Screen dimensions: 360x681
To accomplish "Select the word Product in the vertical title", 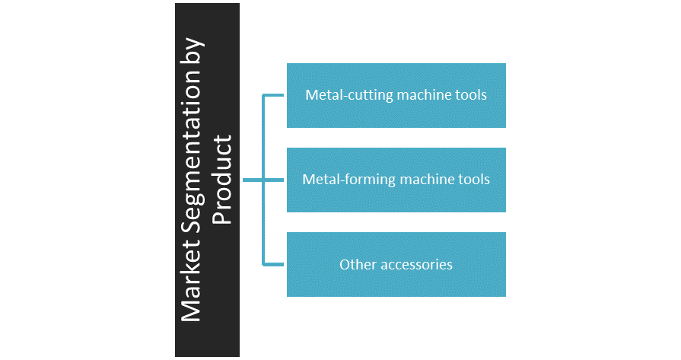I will [221, 180].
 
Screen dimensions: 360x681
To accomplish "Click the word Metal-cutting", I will [342, 96].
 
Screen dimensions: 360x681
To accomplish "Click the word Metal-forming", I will [342, 180].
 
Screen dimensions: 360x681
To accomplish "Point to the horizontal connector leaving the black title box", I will [252, 180].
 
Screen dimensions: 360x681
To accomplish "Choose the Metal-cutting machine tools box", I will [396, 114].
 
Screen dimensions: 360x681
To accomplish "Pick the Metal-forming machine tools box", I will [396, 199].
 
